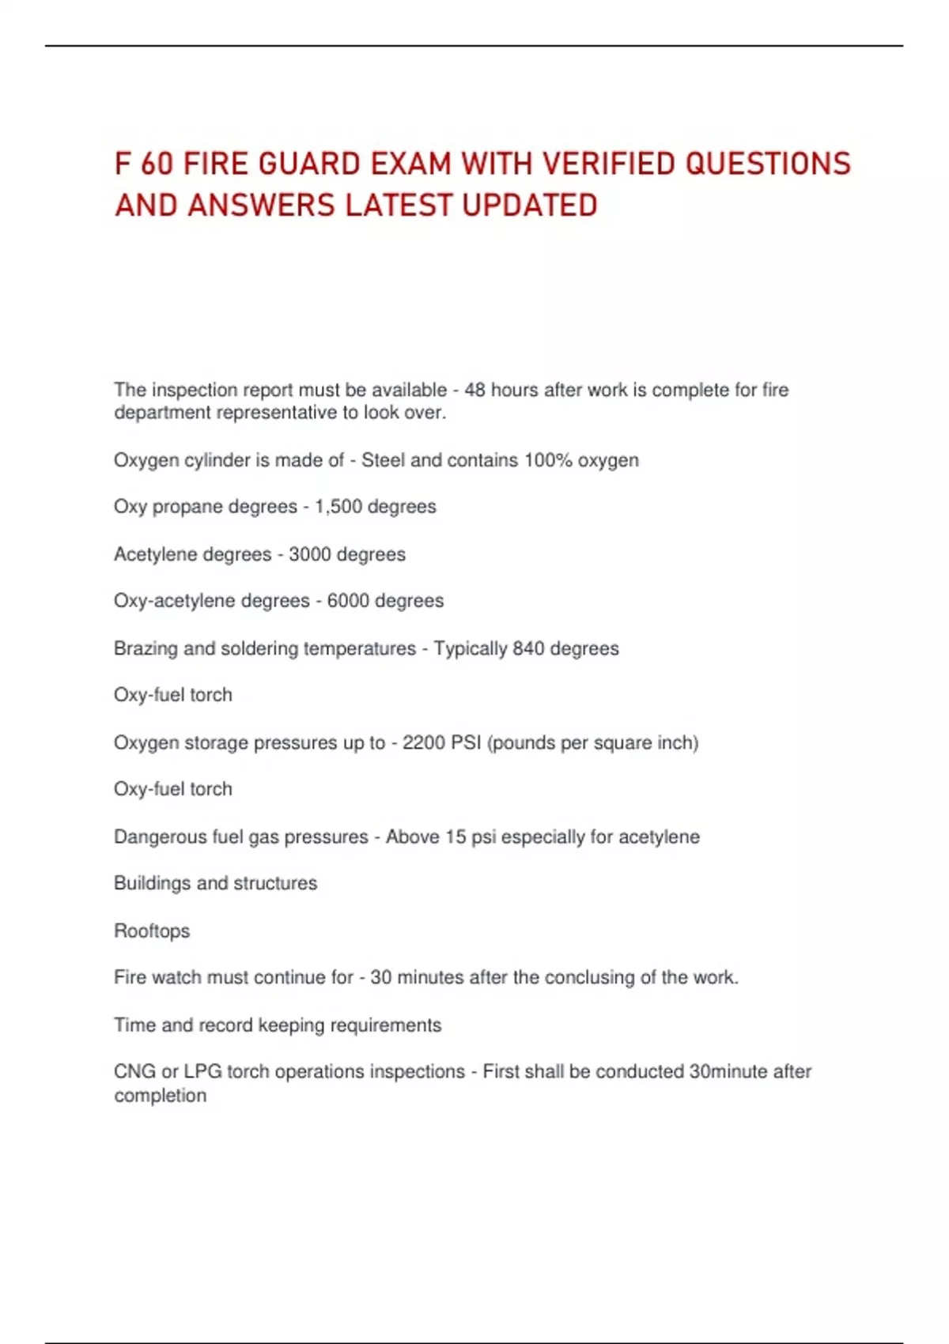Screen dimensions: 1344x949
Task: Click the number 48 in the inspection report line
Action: (x=475, y=390)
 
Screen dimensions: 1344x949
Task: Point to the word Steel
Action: (x=384, y=460)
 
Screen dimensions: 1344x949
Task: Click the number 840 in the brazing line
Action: (x=528, y=648)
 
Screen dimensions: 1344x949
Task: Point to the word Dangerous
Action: (x=160, y=836)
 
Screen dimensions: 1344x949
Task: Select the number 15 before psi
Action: (x=456, y=836)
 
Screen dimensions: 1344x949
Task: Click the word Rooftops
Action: (x=152, y=931)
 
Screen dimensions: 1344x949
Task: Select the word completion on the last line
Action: (x=161, y=1096)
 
